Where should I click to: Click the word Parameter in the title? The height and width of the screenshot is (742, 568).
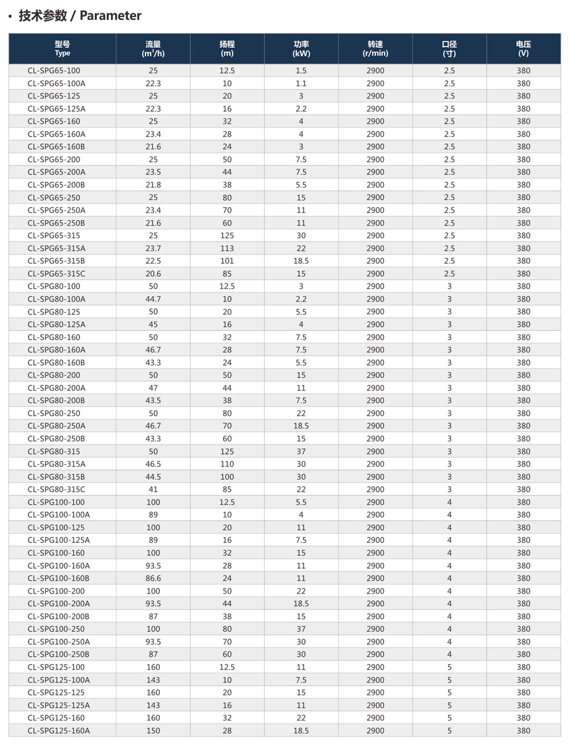110,16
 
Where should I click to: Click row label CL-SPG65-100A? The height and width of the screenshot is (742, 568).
56,84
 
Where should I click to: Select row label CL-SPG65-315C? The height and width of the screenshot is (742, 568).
56,273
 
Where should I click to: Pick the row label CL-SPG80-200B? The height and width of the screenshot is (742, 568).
56,400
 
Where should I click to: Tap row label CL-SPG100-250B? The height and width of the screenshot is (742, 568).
59,654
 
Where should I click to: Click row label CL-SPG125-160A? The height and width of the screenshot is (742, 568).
59,731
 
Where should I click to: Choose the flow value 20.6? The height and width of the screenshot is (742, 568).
153,273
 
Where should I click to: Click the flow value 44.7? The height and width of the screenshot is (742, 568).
153,299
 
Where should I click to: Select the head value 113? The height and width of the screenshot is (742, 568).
227,248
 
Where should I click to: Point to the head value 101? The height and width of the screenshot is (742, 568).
227,261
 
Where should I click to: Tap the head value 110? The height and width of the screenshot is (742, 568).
227,464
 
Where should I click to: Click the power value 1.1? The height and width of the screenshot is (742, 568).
301,84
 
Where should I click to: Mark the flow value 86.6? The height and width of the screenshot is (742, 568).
153,578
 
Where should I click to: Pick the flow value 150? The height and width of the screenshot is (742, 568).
153,731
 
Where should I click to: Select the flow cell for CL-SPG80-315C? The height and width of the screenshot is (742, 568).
153,490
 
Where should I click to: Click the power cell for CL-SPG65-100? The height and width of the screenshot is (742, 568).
301,71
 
